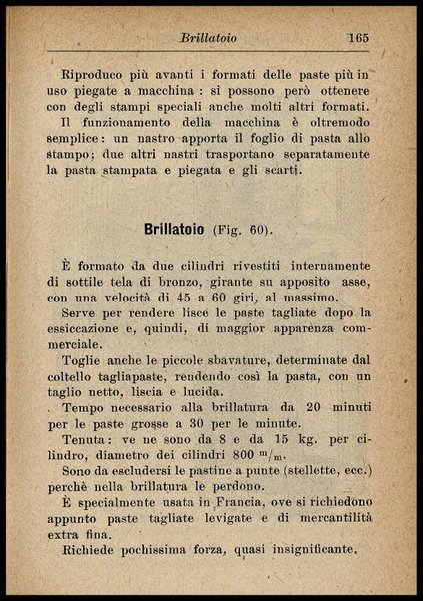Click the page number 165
(358, 38)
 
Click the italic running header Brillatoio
(208, 38)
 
